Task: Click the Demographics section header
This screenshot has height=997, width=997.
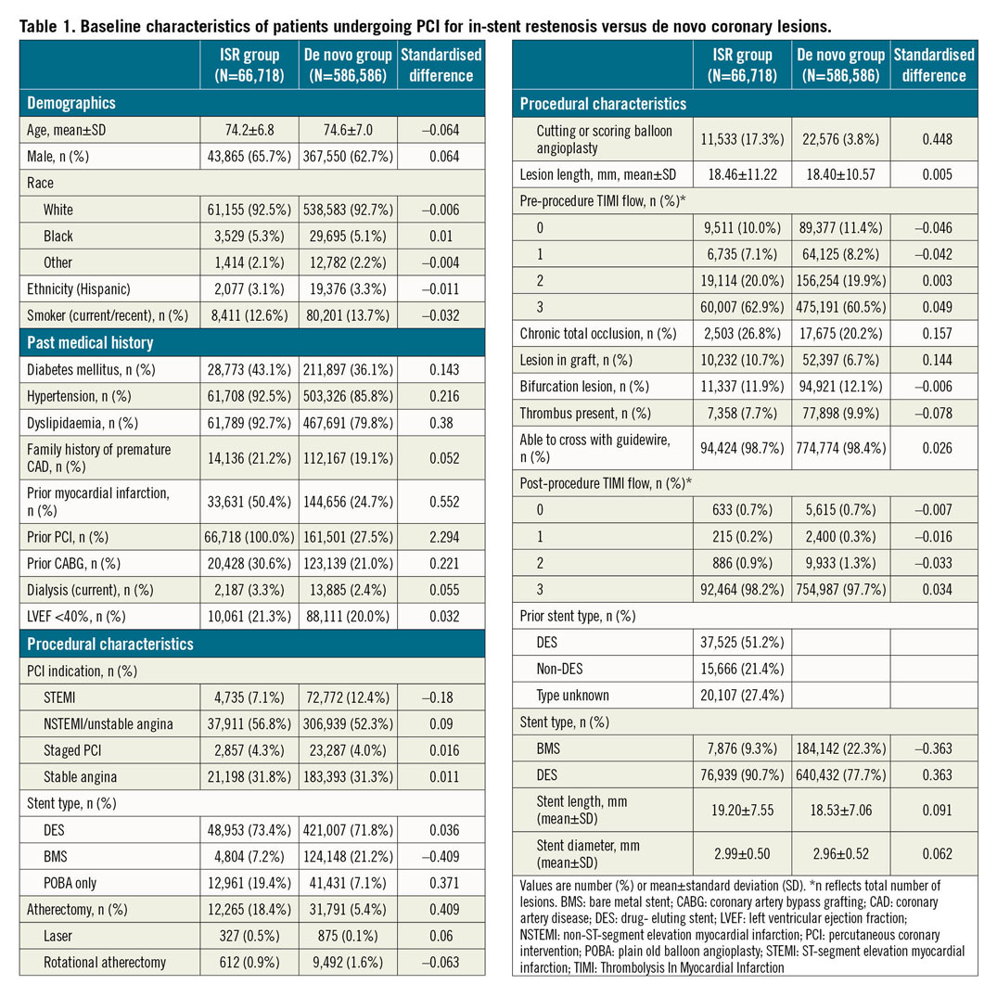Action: coord(70,103)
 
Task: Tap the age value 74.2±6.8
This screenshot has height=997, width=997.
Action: coord(249,131)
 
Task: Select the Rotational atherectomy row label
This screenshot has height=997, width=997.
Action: coord(105,961)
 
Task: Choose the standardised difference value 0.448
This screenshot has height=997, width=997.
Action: coord(935,138)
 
